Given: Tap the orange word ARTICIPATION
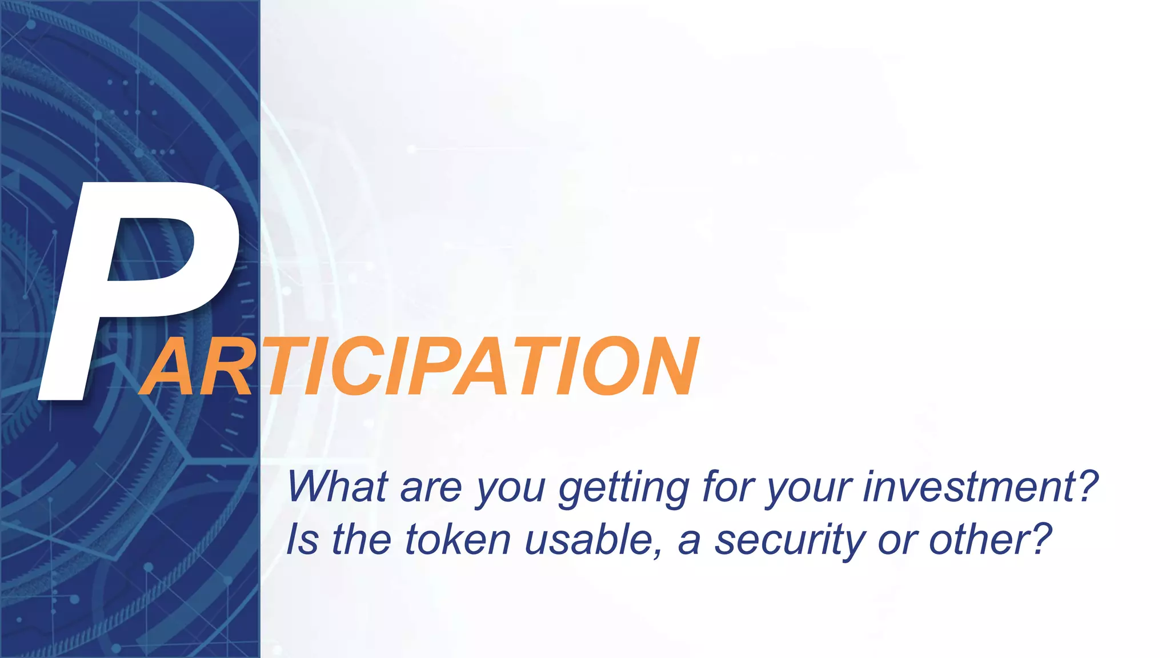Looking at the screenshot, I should pos(420,367).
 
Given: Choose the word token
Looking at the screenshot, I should pos(457,539).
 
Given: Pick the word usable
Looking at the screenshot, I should pos(588,539).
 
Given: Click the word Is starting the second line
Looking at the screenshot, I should pos(302,539).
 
